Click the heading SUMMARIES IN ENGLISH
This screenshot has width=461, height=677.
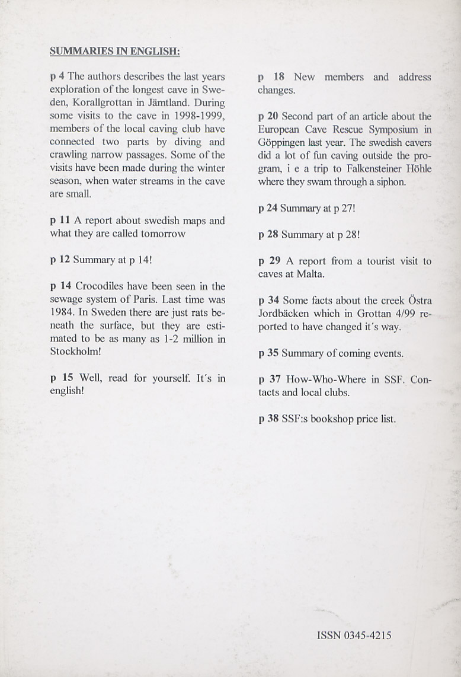tap(115, 51)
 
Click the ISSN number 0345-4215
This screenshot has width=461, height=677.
tap(354, 636)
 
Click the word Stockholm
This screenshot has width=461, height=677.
tap(74, 351)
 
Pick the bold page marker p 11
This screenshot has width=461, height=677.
tap(61, 221)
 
